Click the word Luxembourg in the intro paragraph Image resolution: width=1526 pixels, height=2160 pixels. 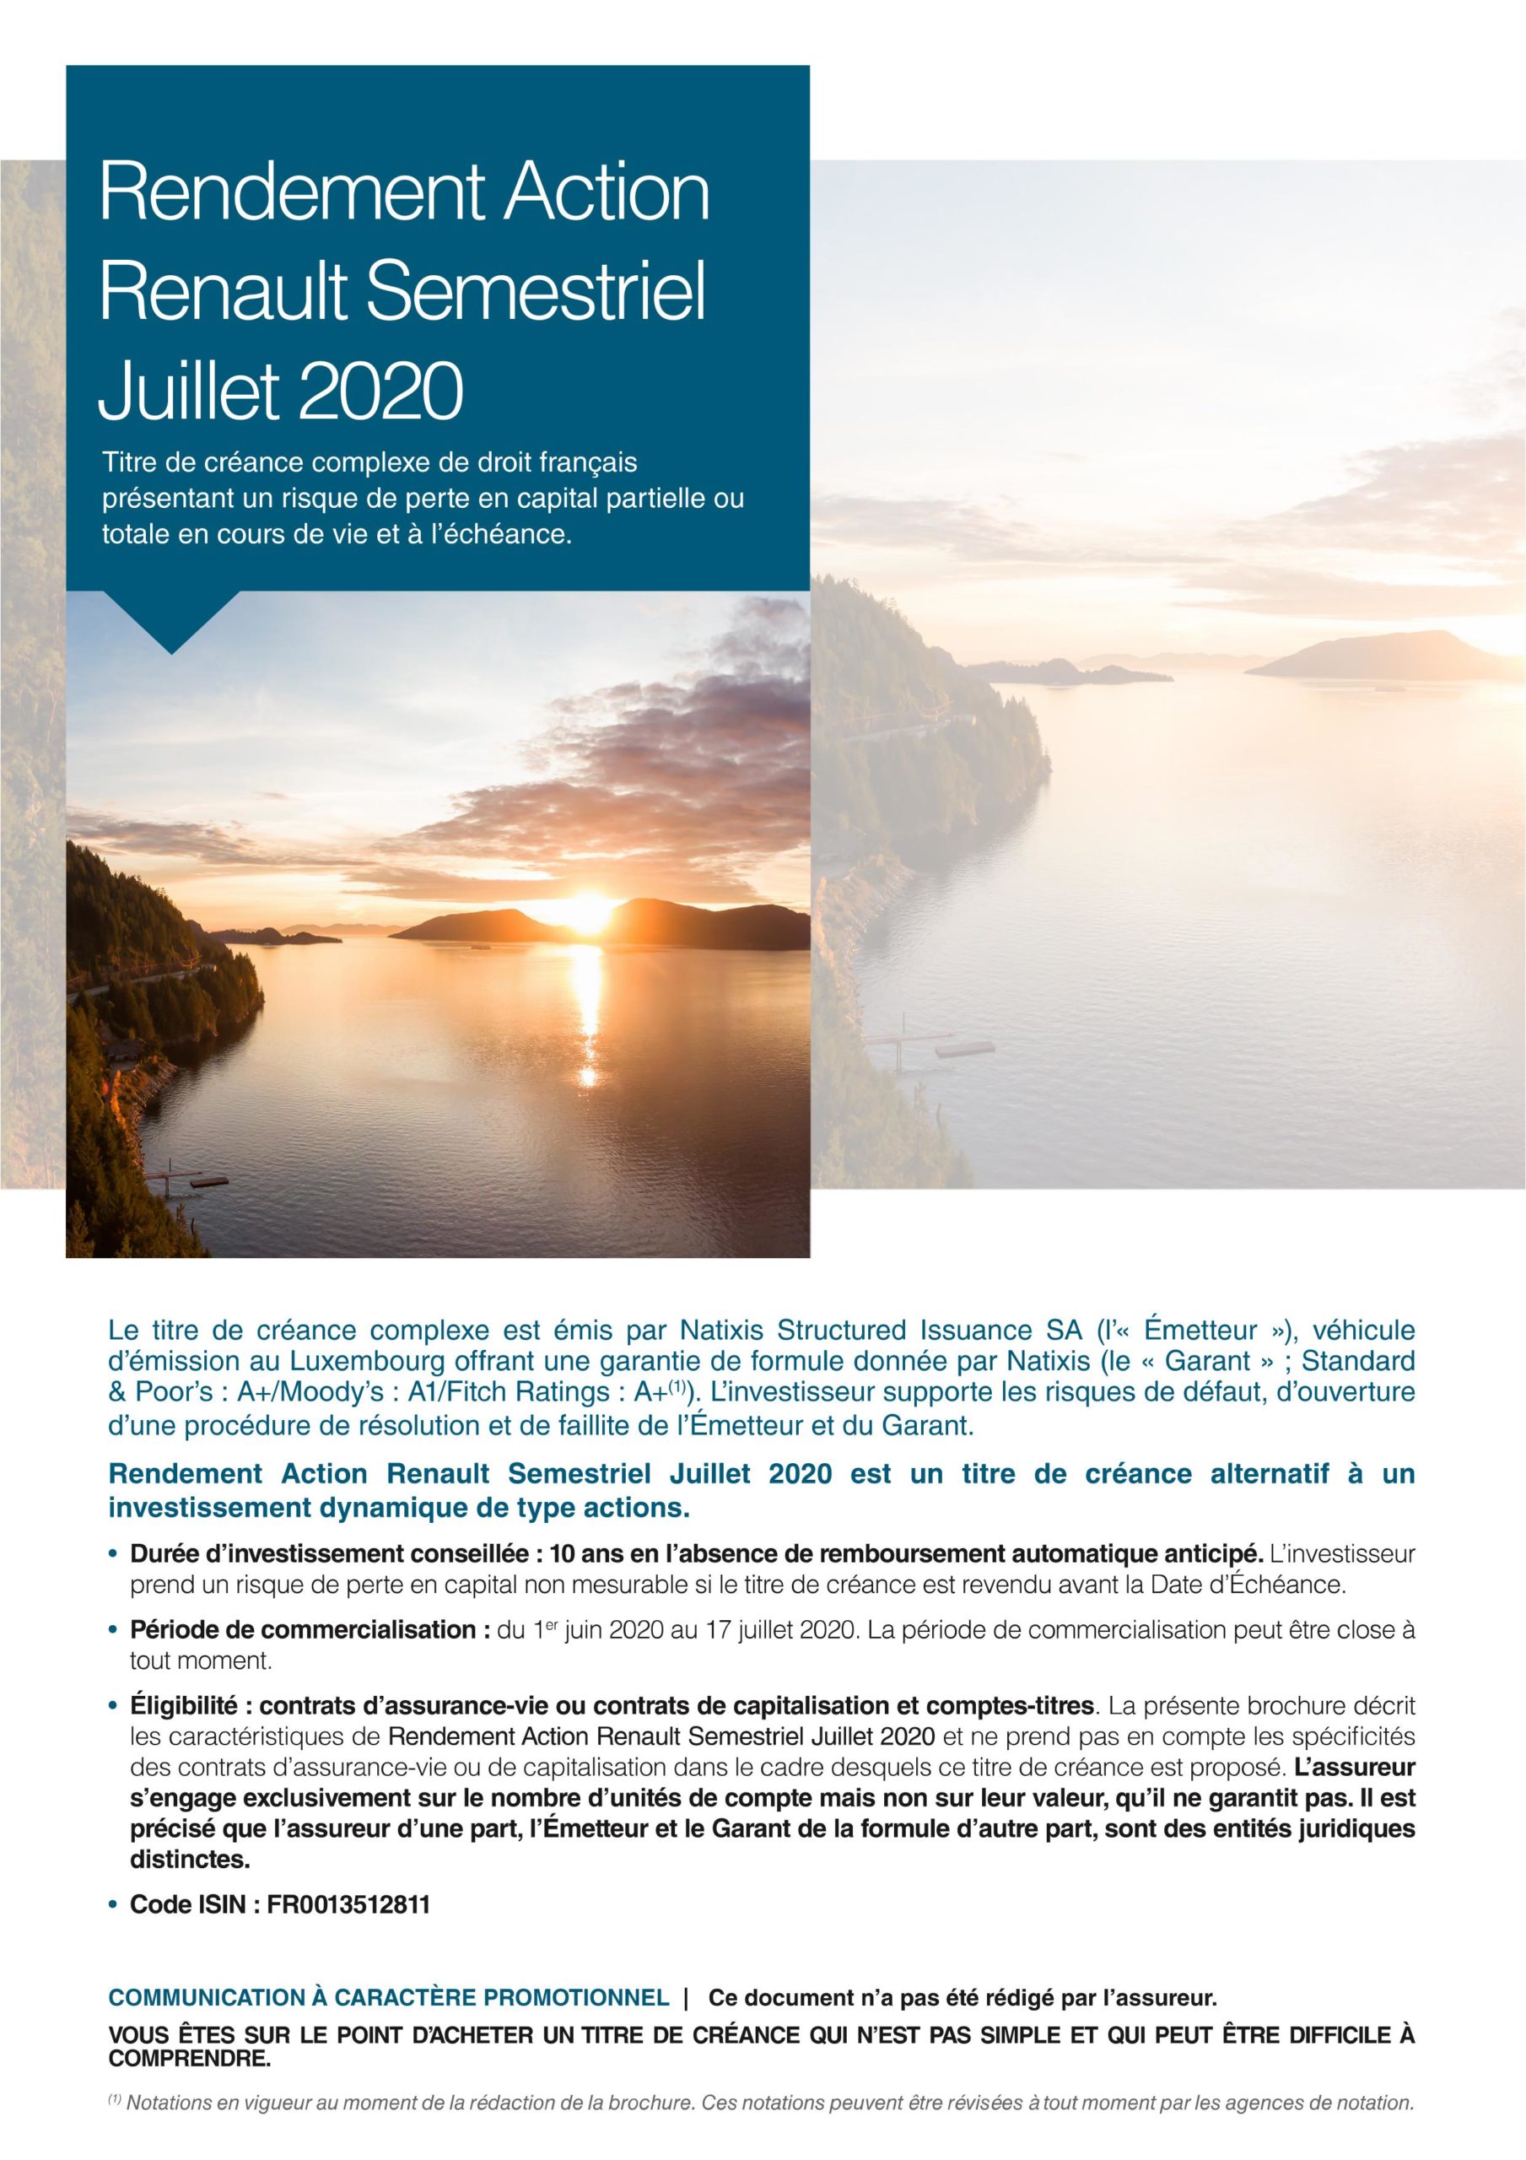[357, 1361]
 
